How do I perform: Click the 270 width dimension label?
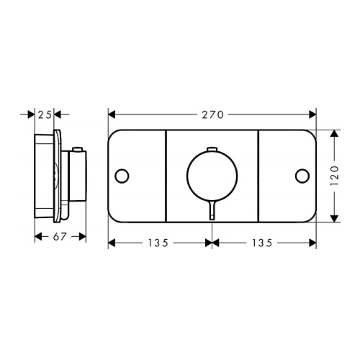212,115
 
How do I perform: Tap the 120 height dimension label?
335,176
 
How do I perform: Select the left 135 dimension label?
158,243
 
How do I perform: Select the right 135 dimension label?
262,243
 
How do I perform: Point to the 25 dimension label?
45,115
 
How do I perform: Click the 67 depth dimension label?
60,237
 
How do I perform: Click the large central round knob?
212,150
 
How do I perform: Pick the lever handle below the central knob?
212,210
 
